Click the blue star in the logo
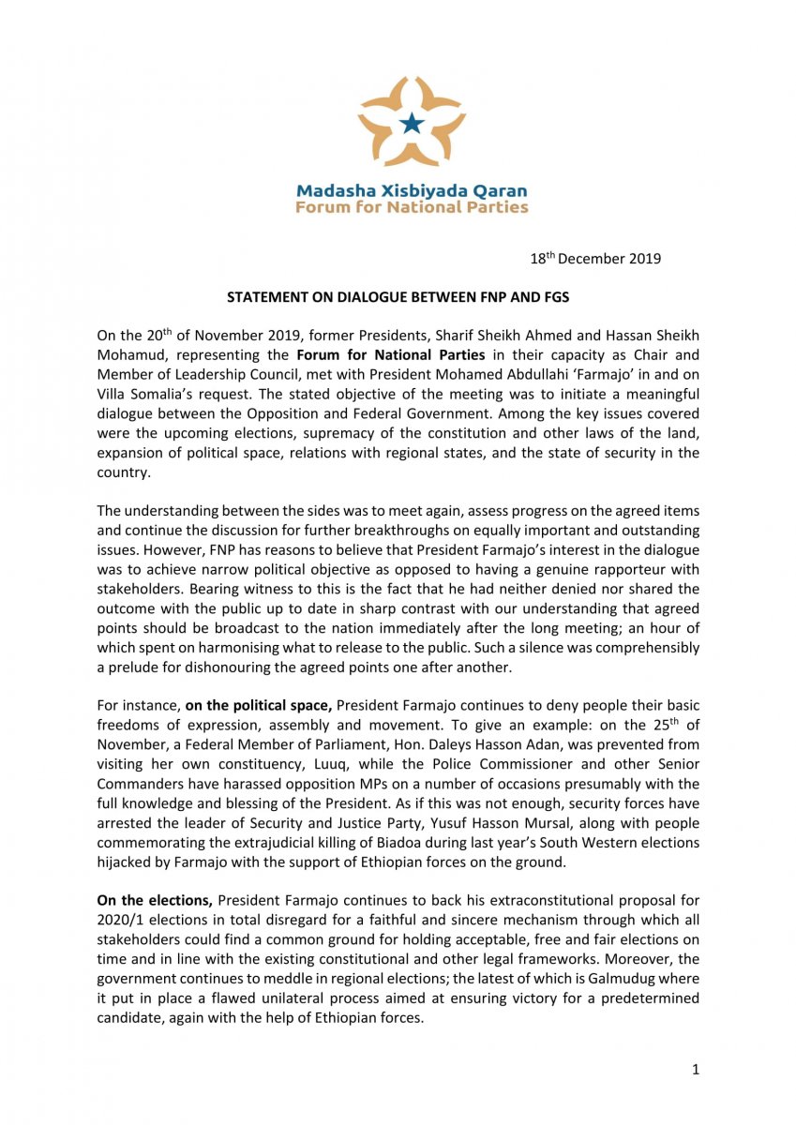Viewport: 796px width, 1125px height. [x=411, y=122]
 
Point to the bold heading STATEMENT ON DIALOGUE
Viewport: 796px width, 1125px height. [x=398, y=297]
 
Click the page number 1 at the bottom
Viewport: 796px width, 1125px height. [x=695, y=1069]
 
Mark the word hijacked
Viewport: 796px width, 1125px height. [x=124, y=862]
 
